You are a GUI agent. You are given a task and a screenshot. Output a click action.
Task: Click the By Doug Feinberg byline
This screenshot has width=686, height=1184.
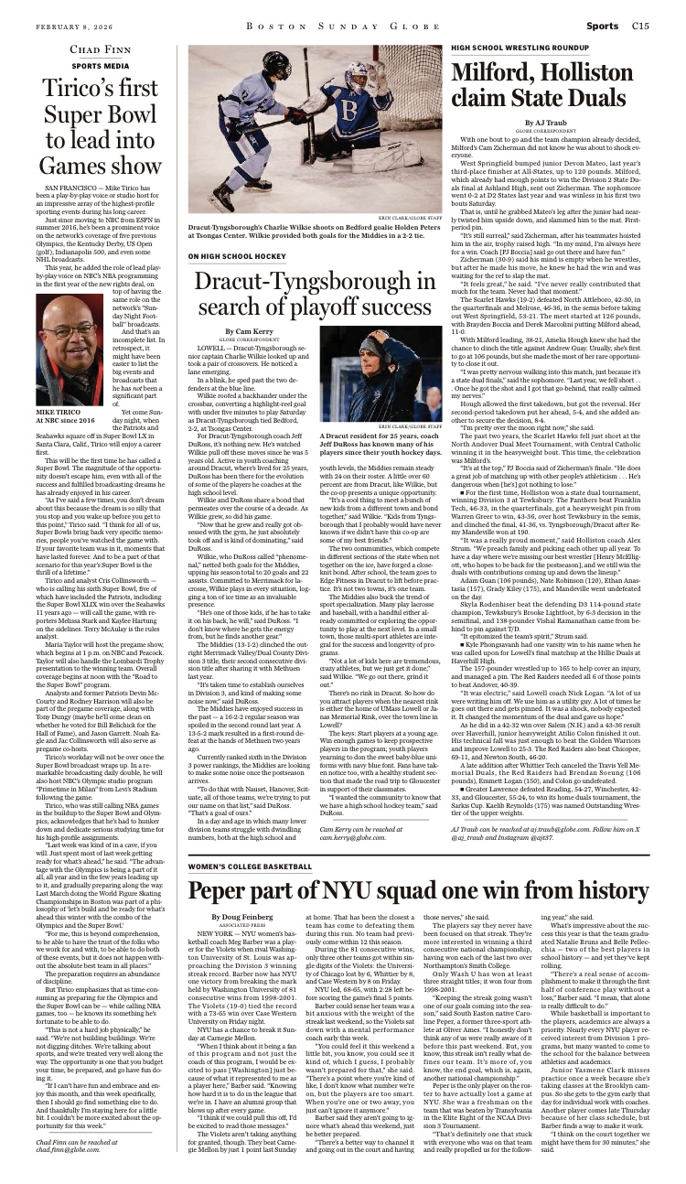click(242, 915)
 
